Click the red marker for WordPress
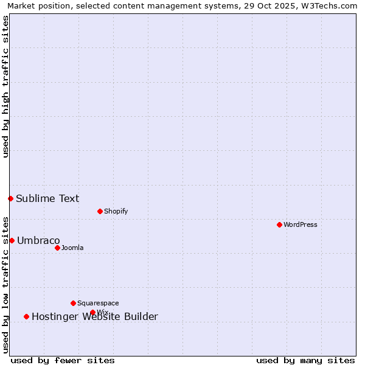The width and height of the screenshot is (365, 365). click(x=279, y=224)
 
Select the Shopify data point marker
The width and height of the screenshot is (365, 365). click(x=100, y=211)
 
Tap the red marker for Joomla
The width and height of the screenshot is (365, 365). click(x=57, y=248)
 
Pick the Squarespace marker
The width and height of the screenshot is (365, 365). click(x=73, y=303)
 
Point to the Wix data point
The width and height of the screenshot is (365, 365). click(x=92, y=312)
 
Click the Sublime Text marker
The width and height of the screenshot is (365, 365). click(x=10, y=198)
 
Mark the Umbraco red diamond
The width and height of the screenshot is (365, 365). click(x=12, y=240)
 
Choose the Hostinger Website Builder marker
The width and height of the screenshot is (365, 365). click(x=26, y=316)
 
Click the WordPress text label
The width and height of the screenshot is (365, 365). click(x=301, y=224)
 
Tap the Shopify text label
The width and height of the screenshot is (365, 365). click(x=116, y=211)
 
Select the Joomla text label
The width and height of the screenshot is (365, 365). click(x=72, y=248)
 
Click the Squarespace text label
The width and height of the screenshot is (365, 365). click(x=98, y=303)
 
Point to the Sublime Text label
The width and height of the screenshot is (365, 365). click(x=47, y=198)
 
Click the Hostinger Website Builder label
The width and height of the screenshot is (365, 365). click(x=95, y=316)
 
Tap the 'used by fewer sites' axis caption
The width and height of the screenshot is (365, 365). click(x=63, y=360)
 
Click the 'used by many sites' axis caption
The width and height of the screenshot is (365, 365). click(x=305, y=360)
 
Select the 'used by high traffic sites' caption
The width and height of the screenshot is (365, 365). click(x=6, y=86)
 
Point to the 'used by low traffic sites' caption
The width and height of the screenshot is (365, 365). click(x=6, y=284)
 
